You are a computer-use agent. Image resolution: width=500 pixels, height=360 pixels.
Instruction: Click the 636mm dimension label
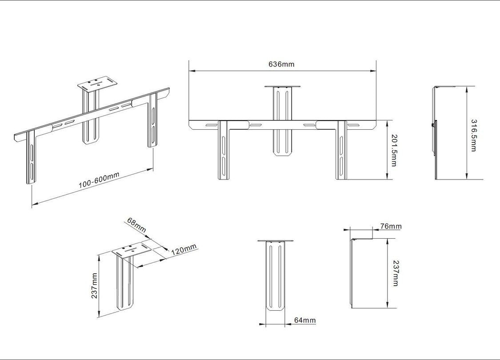(x=281, y=64)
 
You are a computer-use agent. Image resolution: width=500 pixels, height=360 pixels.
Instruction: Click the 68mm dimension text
(x=136, y=225)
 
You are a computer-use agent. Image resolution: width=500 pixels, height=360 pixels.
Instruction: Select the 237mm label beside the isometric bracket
(x=94, y=286)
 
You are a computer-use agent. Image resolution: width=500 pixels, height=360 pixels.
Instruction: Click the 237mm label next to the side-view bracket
(x=395, y=273)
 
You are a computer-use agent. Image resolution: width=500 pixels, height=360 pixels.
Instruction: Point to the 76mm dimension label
(x=391, y=227)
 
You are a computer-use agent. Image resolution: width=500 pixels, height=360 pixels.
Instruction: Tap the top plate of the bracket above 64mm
(x=276, y=241)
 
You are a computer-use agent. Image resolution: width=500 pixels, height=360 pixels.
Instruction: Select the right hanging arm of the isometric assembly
(x=152, y=122)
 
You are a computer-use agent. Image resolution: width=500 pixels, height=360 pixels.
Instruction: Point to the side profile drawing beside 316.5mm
(x=436, y=133)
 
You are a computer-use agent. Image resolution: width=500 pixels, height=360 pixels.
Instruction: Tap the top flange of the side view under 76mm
(x=362, y=239)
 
